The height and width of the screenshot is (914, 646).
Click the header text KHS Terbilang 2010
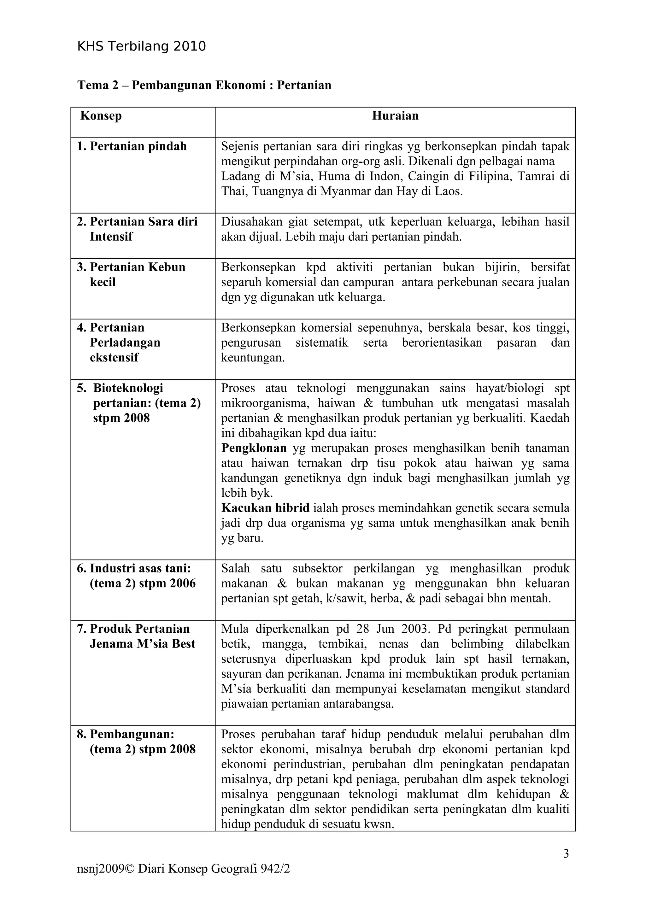[x=141, y=47]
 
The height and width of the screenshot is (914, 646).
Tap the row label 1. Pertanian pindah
[x=132, y=146]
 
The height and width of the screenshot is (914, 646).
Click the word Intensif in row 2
[x=111, y=237]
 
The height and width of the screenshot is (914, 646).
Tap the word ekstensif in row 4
[x=114, y=357]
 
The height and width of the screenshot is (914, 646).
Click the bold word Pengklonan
[x=254, y=448]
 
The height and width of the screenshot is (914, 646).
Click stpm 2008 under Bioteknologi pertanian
[x=121, y=418]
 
